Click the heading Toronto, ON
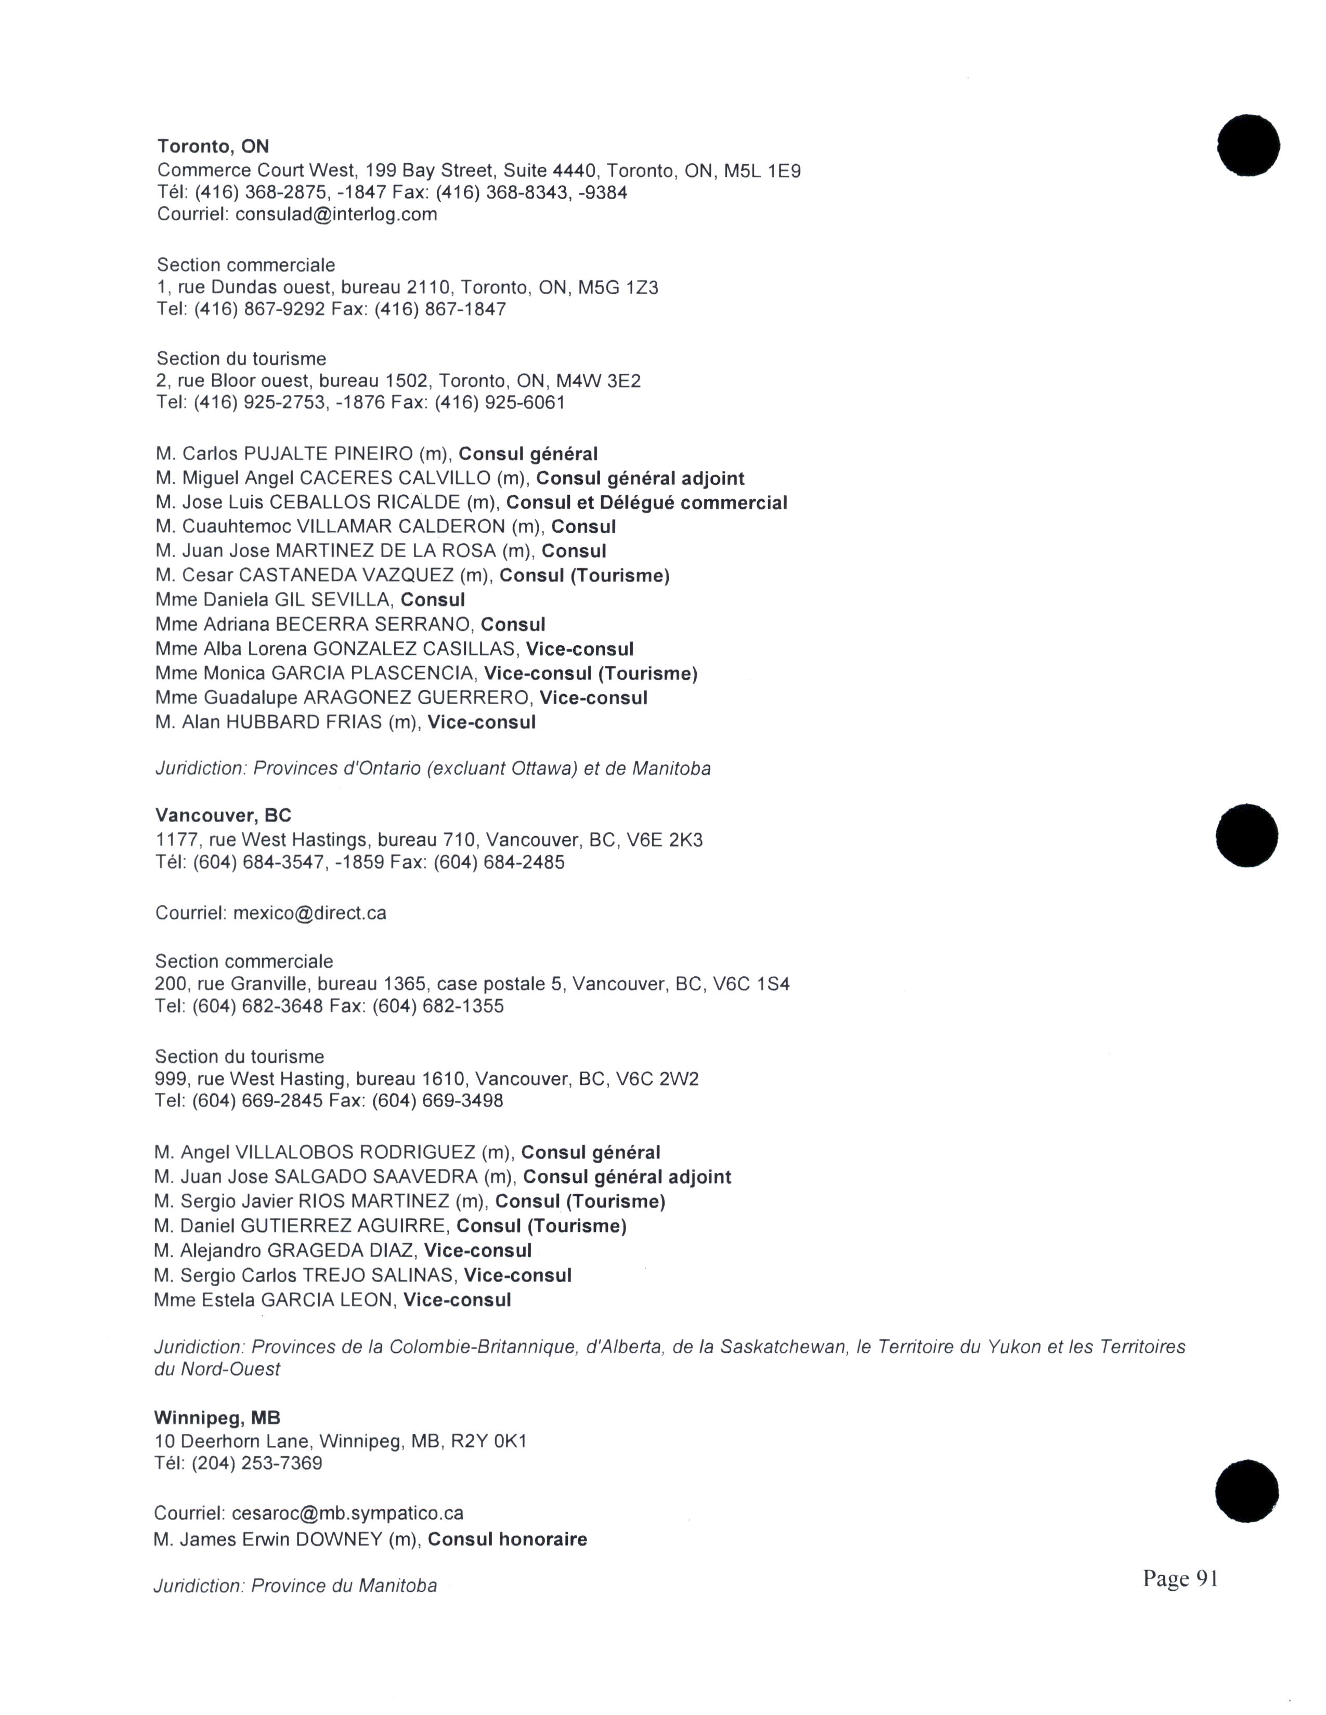213,146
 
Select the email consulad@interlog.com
336,214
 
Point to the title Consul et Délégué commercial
646,503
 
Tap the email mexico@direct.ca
309,913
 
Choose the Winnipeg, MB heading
217,1418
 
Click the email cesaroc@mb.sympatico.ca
347,1513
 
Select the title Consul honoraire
508,1539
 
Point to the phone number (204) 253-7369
257,1463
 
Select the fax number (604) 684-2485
499,862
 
